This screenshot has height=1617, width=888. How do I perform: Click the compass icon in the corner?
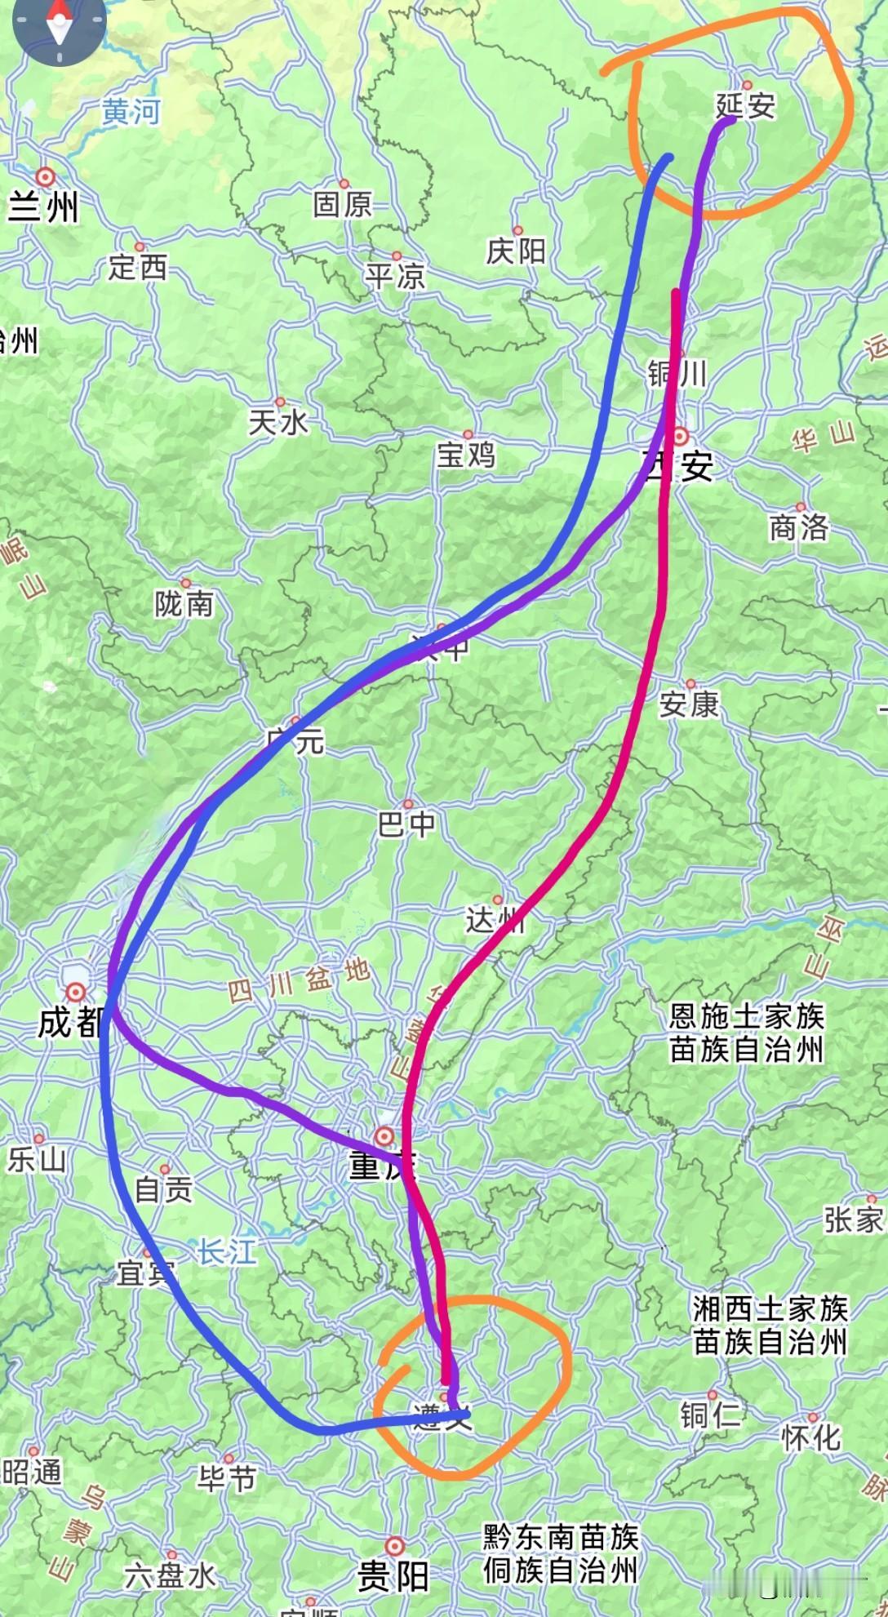[x=59, y=24]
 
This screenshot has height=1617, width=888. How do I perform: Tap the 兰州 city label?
[x=43, y=207]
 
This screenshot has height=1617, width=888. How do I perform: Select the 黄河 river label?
[x=131, y=112]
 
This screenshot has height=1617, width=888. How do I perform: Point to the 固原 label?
[x=343, y=205]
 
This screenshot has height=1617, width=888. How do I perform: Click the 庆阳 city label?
[x=516, y=251]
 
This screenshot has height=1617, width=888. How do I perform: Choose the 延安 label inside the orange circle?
[x=745, y=105]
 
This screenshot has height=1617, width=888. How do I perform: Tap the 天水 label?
[x=279, y=423]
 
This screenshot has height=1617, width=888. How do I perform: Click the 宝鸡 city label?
[x=465, y=455]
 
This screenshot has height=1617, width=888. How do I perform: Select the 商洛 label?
[x=798, y=528]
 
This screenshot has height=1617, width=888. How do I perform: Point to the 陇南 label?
[x=184, y=605]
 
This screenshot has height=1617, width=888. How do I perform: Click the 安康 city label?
[x=689, y=704]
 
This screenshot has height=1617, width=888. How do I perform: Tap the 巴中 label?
[x=406, y=825]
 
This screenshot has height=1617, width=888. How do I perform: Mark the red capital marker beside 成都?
[x=76, y=992]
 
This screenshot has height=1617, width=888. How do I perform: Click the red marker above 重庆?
[x=384, y=1135]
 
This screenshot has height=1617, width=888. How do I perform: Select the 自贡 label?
[x=163, y=1190]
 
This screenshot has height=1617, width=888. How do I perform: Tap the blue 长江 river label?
[x=227, y=1252]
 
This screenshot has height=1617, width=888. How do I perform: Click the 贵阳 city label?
[x=393, y=1576]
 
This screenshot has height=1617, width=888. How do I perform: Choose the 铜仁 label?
[x=710, y=1415]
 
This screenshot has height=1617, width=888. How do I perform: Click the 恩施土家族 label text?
[x=747, y=1016]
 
